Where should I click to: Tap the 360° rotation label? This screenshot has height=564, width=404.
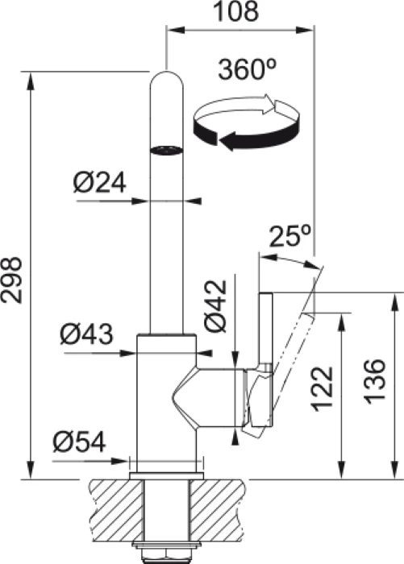(x=248, y=69)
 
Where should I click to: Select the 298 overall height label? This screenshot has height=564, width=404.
(x=11, y=280)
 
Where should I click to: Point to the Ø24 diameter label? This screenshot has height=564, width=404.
(x=100, y=182)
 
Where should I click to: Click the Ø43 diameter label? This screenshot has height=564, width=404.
(x=87, y=334)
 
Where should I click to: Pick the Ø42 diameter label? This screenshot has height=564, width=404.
(x=216, y=305)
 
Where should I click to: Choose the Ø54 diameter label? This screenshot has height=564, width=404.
(x=80, y=442)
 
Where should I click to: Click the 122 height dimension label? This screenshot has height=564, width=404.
(x=322, y=389)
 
